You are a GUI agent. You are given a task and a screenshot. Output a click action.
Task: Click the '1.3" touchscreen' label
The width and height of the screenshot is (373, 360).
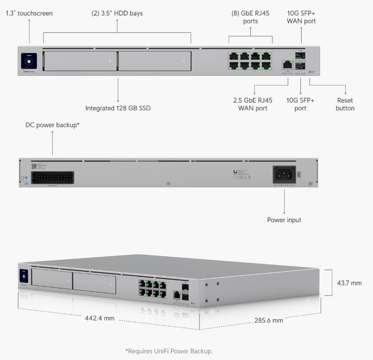pos(29,13)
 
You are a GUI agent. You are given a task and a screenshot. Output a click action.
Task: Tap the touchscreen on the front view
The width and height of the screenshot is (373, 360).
pos(29,62)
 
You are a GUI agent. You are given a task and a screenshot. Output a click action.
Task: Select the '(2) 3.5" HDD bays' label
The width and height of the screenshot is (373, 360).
pos(117,13)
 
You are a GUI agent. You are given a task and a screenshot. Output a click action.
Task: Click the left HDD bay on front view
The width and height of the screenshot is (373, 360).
pos(80,61)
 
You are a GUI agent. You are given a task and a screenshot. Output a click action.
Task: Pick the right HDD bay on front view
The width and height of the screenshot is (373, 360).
pos(154,61)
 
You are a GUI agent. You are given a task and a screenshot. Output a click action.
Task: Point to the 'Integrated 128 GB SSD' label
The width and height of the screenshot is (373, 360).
pos(118,108)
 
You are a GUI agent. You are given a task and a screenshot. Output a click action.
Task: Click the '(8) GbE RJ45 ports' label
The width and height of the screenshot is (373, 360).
pos(250,17)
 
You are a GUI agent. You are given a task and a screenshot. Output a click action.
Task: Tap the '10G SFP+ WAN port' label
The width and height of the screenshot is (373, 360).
pos(301,17)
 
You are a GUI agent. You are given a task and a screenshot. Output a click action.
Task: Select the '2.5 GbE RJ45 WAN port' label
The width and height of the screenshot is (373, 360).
pos(253,104)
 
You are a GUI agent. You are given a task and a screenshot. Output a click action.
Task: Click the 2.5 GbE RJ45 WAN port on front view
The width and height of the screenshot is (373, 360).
pos(288,64)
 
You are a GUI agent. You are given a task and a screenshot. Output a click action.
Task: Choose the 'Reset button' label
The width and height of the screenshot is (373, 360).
pos(345,104)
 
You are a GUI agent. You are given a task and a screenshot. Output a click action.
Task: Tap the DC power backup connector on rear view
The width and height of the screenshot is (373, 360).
pos(53,177)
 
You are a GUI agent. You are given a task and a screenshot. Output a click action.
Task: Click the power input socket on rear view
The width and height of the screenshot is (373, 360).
pos(285,173)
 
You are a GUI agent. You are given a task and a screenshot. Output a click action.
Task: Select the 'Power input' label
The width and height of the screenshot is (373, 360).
pos(284,220)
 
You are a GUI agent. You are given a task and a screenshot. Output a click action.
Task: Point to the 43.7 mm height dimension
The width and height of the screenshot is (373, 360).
pos(349,283)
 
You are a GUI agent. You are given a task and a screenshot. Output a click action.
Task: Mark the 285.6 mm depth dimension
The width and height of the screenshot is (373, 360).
pos(269,320)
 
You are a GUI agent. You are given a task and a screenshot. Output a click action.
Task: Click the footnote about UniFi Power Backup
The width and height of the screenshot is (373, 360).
pos(172,351)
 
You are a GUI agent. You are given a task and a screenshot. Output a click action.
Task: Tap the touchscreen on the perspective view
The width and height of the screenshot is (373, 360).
pos(23,275)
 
